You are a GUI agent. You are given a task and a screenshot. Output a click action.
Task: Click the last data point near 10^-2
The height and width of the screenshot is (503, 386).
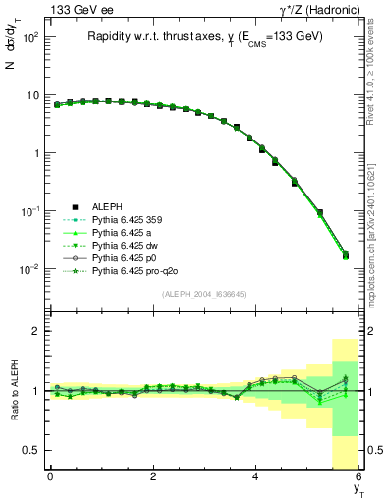tap(345, 255)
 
